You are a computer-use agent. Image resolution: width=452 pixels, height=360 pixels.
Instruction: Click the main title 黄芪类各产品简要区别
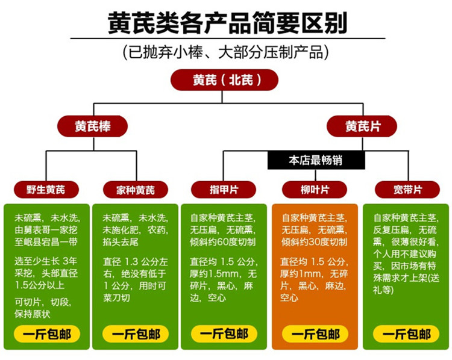(227, 23)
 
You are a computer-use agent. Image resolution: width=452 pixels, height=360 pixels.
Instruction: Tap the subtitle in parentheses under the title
(226, 52)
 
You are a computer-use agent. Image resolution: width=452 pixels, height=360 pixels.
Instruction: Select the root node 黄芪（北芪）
(224, 80)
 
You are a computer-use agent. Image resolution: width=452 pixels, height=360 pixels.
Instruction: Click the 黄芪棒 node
(93, 126)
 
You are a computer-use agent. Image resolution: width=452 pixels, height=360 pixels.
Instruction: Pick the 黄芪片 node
(362, 126)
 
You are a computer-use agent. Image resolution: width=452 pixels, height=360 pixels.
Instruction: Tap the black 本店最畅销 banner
(316, 160)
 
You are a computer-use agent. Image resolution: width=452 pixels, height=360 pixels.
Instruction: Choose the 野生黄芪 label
(46, 190)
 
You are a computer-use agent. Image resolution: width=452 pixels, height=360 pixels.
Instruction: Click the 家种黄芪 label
(136, 190)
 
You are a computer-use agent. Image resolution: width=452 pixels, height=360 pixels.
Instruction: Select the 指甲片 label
(224, 190)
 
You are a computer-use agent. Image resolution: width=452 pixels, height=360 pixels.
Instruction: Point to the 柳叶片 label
(315, 190)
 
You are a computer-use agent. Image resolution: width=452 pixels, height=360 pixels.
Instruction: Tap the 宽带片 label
(407, 190)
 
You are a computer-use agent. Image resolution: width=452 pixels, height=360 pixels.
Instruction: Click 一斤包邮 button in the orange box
(315, 334)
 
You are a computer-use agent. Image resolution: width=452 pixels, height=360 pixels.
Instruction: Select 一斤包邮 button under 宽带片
(406, 334)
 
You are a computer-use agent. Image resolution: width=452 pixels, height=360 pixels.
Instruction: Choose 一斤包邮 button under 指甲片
(224, 334)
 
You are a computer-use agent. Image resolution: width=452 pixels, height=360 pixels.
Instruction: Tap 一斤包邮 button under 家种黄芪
(136, 334)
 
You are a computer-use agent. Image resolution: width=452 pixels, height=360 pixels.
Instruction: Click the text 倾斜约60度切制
(222, 242)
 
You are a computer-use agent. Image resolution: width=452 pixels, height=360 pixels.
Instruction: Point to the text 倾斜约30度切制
(314, 242)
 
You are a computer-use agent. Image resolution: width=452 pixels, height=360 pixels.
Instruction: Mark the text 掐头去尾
(121, 242)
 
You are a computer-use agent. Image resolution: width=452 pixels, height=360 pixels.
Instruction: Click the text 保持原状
(33, 314)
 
